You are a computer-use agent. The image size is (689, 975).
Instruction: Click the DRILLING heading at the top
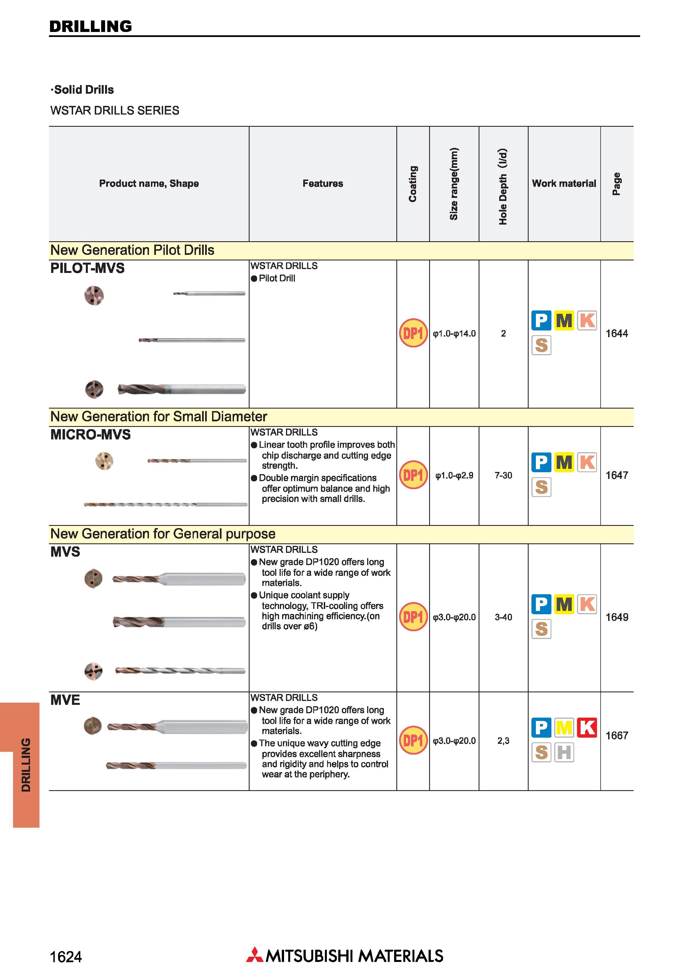click(90, 26)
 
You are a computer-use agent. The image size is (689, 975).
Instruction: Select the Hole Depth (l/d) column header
click(503, 186)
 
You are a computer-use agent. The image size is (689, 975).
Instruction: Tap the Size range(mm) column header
click(454, 184)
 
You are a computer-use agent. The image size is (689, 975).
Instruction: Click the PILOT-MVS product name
click(88, 268)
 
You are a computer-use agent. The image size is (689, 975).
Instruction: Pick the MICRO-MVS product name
click(90, 435)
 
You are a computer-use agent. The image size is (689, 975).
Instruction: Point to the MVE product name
click(65, 700)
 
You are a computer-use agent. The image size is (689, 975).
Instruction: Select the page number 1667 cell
click(616, 735)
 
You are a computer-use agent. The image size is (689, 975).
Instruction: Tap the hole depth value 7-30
click(503, 475)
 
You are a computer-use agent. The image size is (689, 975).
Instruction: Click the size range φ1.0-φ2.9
click(454, 475)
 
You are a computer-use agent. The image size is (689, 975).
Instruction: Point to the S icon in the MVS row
click(541, 629)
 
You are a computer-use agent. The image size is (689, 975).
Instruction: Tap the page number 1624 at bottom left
click(66, 957)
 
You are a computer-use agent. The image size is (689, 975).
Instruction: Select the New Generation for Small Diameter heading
click(159, 417)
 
